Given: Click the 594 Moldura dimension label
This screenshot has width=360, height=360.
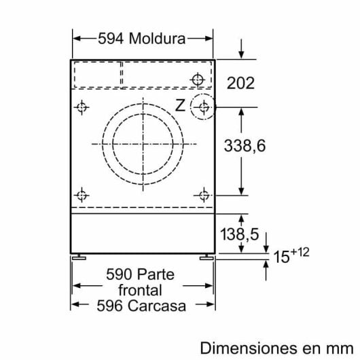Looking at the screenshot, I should pos(141,39).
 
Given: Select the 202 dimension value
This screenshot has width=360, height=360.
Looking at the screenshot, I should pos(240,84).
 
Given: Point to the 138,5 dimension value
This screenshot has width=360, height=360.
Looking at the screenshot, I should pos(239,234).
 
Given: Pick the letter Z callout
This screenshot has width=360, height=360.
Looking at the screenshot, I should pos(180,105).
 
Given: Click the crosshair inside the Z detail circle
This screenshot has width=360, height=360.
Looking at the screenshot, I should pos(202,107).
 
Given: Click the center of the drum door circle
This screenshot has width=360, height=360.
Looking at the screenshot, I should pos(143,145).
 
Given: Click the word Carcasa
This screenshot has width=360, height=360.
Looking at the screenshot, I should pos(158,306).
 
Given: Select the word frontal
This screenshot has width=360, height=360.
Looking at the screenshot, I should pos(141,290).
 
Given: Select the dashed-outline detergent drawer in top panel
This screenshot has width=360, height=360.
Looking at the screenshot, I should pos(97,73).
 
